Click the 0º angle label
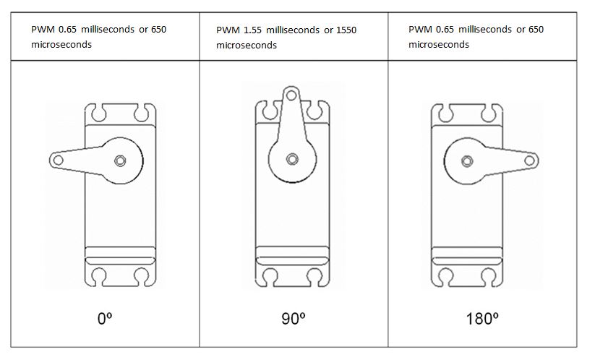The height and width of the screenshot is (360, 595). point(105,318)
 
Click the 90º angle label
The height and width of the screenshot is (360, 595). point(294,318)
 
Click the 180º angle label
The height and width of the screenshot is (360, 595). point(482,318)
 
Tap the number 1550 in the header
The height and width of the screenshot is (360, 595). point(346,30)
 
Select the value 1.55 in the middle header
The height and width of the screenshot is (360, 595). point(252,30)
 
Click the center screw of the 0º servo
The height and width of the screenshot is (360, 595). point(120,161)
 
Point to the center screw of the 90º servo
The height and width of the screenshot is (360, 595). point(292,159)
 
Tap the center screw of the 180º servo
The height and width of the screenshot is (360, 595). point(467,161)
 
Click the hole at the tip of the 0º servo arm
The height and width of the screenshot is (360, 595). point(58,160)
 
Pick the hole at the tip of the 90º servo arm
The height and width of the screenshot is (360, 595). point(291,95)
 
